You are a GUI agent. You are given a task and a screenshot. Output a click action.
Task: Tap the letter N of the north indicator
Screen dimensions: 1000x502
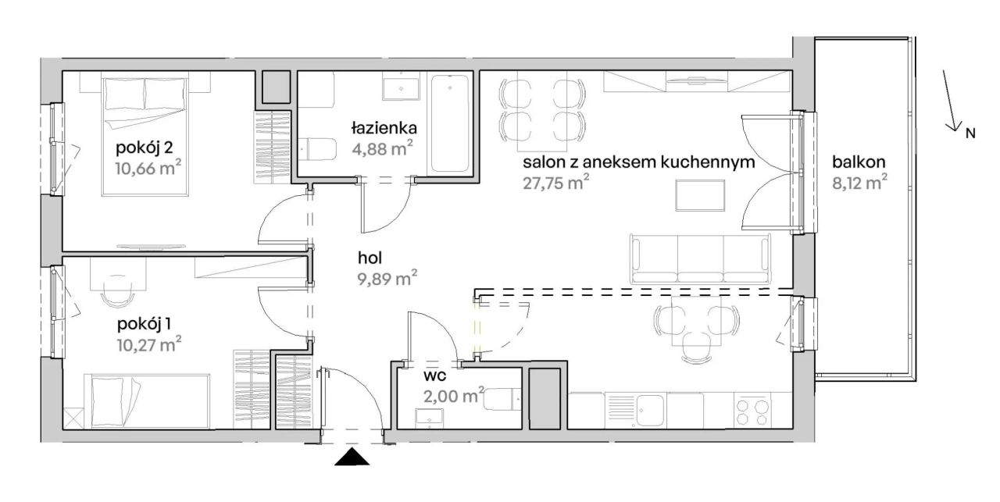pyautogui.click(x=970, y=133)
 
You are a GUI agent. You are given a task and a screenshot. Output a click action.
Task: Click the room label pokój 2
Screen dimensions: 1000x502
pyautogui.click(x=145, y=148)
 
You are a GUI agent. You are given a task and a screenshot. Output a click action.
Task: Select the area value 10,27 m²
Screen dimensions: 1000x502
pyautogui.click(x=148, y=344)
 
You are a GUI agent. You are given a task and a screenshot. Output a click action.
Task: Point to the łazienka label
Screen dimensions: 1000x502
pyautogui.click(x=384, y=129)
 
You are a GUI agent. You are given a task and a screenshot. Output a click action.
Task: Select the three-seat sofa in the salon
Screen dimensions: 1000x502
pyautogui.click(x=700, y=259)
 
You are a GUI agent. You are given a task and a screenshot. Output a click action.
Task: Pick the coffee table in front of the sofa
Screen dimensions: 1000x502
pyautogui.click(x=700, y=195)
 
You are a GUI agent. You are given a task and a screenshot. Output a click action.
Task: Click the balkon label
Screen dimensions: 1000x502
pyautogui.click(x=859, y=162)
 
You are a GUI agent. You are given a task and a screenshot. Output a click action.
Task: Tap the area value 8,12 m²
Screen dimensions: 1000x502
pyautogui.click(x=859, y=183)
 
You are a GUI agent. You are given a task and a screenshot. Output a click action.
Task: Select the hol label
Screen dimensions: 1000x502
pyautogui.click(x=370, y=258)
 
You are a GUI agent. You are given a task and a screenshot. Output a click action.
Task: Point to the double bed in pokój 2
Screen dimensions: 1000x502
pyautogui.click(x=145, y=137)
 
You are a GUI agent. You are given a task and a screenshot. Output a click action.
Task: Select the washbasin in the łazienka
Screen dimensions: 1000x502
pyautogui.click(x=401, y=89)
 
